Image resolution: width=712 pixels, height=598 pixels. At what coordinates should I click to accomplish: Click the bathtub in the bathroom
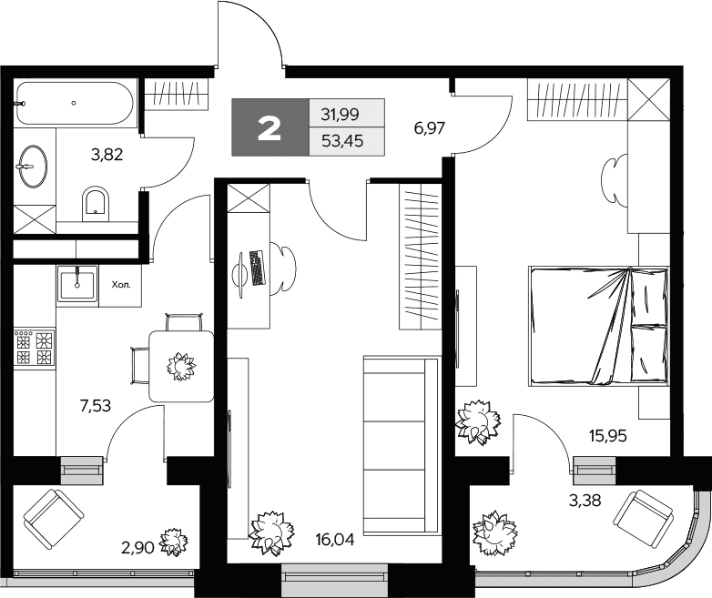point(76,103)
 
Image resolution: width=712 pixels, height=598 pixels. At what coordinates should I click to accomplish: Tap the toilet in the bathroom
point(96,204)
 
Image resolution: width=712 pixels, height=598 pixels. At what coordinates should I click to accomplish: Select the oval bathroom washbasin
point(33,167)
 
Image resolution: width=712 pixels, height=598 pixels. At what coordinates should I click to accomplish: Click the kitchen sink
point(77,285)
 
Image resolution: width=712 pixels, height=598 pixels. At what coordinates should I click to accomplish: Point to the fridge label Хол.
point(121,285)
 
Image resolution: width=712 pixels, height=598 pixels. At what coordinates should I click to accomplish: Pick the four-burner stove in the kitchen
point(35,348)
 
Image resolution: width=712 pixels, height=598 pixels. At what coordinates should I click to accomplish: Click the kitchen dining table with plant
point(181,366)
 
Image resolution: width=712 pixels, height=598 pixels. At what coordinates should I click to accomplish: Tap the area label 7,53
point(96,405)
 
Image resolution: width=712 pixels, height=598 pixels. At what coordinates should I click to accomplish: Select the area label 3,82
point(107,155)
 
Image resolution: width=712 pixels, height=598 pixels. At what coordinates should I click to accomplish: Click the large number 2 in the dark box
point(270,128)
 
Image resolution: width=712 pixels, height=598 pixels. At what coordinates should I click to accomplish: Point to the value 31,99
point(341,115)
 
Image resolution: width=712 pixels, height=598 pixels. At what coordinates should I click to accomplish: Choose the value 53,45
point(342,141)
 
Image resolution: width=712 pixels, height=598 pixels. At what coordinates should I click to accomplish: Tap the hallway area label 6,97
point(429,128)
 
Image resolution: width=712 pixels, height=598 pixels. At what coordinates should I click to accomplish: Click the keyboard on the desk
point(258,268)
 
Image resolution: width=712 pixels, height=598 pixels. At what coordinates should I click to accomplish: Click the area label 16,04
point(335,540)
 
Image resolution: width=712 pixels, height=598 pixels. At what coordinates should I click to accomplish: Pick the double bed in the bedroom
point(598,326)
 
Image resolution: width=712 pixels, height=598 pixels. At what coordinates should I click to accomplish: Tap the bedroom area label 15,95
point(607,436)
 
